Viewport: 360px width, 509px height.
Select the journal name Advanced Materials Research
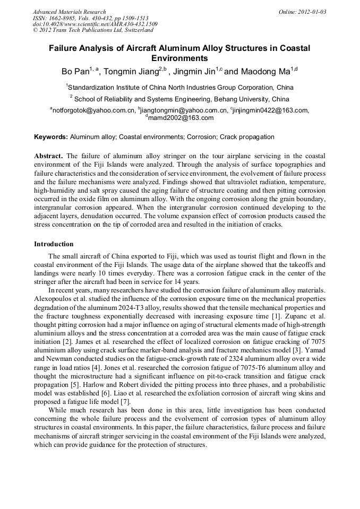click(69, 12)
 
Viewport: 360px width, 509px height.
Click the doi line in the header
click(95, 24)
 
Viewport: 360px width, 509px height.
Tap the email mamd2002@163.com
click(180, 117)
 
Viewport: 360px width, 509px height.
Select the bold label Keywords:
click(51, 137)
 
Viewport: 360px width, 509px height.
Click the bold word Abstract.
click(48, 157)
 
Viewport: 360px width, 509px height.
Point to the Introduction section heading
click(54, 244)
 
